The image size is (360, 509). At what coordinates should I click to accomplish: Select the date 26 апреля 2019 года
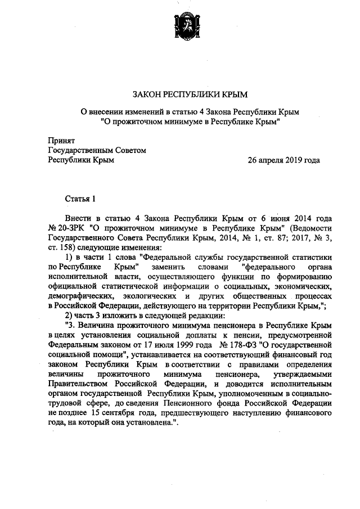click(x=284, y=160)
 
